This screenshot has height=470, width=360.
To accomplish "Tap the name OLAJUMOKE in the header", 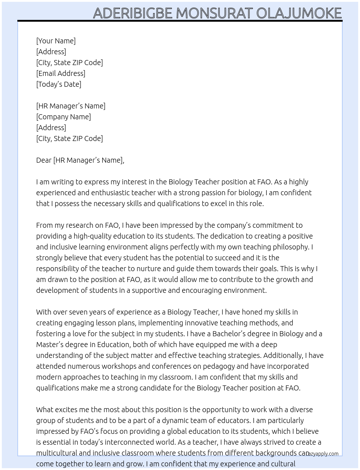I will tap(299, 13).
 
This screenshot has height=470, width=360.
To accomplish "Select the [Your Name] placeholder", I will tap(56, 41).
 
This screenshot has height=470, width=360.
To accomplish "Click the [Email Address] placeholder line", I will tap(61, 73).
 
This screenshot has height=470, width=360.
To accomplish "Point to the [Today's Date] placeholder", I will tap(59, 84).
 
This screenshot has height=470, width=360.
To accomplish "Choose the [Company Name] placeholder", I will tap(64, 117).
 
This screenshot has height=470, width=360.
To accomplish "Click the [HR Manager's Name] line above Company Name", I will tap(71, 106).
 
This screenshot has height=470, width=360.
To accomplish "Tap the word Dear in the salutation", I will tap(44, 160).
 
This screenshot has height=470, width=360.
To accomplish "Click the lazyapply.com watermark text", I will tap(323, 454).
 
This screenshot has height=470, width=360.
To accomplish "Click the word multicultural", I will tap(56, 453).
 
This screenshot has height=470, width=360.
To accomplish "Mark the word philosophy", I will tap(291, 247).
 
